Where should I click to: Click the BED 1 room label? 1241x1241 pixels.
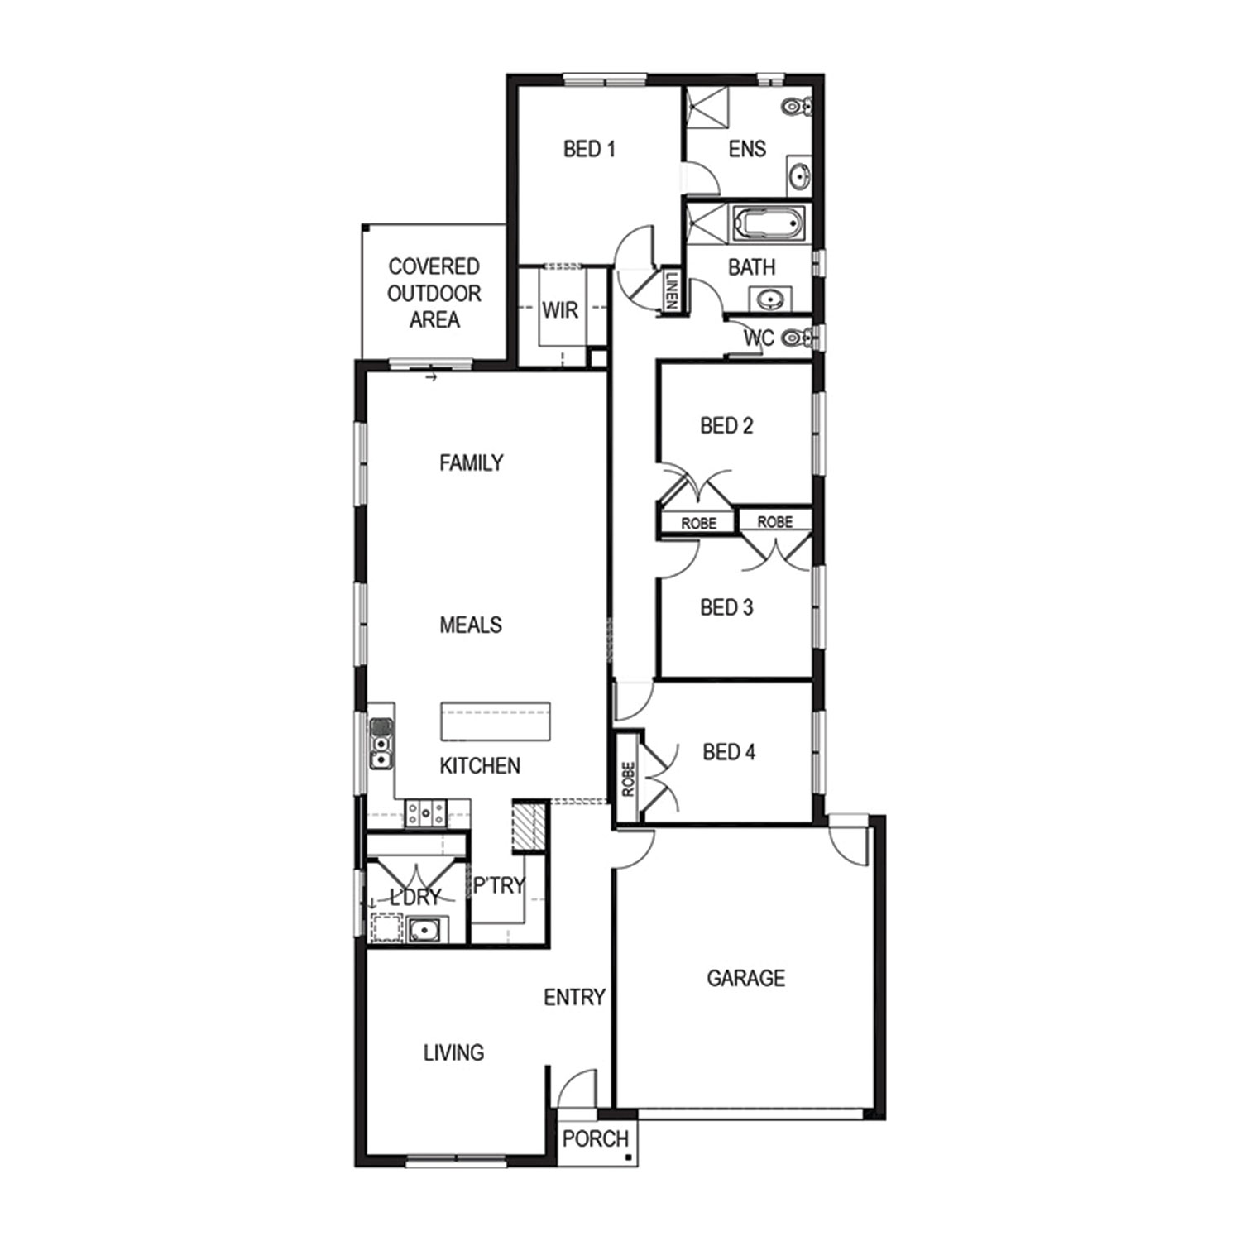pos(589,149)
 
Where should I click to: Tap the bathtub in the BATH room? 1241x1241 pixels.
pos(768,223)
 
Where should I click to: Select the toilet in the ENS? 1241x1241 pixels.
pos(798,106)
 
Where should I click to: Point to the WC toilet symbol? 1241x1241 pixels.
pos(796,337)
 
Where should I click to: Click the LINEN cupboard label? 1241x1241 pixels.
pos(672,290)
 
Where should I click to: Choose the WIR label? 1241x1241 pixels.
pos(560,310)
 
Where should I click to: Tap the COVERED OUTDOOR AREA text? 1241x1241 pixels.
pos(434,293)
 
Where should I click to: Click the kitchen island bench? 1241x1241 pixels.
pos(496,721)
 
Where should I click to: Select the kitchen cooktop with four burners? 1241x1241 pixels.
pos(425,812)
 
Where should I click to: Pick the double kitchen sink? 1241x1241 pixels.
pos(381,744)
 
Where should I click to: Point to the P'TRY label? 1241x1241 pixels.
pos(499,885)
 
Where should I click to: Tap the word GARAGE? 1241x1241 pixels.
pos(745,978)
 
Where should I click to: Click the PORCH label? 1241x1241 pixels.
pos(596,1138)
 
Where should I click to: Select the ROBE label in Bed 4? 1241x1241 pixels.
pos(628,779)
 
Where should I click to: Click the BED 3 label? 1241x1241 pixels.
pos(726,607)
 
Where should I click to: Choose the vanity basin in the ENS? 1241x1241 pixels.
pos(799,175)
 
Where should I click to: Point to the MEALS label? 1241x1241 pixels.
pos(471,625)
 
